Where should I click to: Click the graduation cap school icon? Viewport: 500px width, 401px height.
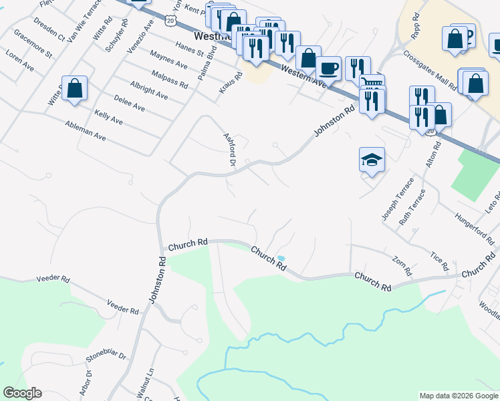tap(372, 160)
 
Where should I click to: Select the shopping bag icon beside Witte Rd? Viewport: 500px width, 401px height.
tap(74, 88)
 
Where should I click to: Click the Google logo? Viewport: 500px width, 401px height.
tap(22, 393)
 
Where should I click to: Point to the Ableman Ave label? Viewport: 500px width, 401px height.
tap(86, 131)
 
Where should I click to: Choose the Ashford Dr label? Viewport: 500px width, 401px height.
tap(230, 149)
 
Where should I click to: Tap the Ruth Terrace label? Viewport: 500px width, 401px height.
tap(412, 209)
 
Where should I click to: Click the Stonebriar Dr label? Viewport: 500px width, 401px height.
tap(106, 362)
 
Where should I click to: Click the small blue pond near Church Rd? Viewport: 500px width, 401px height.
tap(281, 258)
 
